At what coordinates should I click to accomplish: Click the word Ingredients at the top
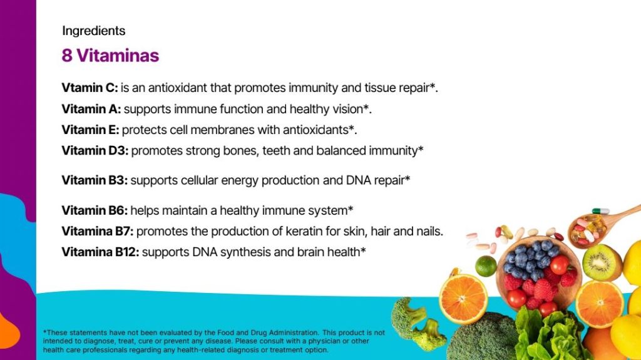coord(94,31)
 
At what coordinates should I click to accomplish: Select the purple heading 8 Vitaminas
coord(110,56)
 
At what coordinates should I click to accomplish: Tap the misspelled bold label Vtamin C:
coord(90,88)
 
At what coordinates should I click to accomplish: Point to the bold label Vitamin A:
coord(91,109)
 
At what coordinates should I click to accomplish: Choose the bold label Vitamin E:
coord(90,130)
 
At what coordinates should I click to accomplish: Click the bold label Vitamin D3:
coord(95,150)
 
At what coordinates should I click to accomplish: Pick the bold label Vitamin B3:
coord(95,180)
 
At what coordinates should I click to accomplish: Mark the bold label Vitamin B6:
coord(95,211)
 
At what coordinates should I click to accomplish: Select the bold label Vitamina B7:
coord(97,231)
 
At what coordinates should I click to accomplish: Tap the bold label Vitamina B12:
coord(100,252)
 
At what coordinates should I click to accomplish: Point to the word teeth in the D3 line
coord(276,150)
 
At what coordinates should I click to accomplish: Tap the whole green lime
coord(486,265)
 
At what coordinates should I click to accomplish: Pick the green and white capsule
coord(600,211)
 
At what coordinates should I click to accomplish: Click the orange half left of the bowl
coord(464,299)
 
